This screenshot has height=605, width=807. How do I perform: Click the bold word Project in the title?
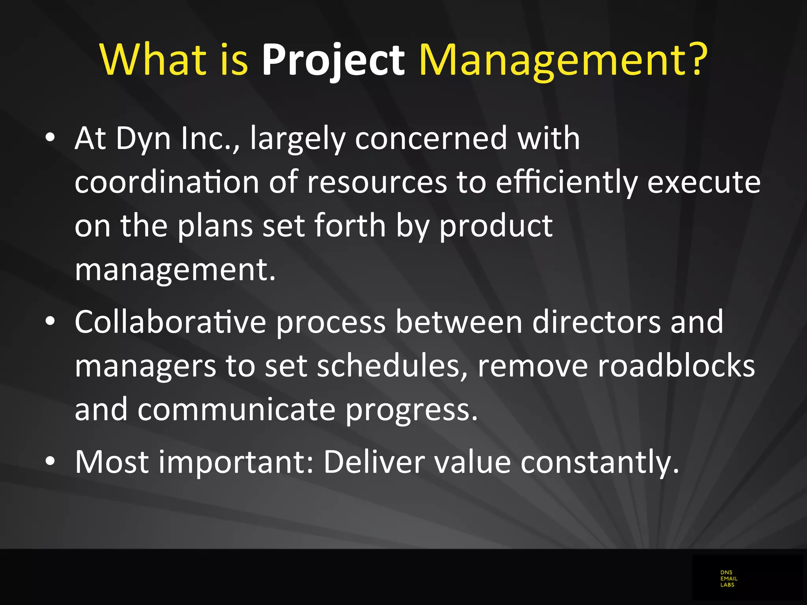point(333,60)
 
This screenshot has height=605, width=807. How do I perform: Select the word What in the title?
point(153,60)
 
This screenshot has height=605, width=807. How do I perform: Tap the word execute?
point(704,182)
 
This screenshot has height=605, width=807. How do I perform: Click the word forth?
point(350,226)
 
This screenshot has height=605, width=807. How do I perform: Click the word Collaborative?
point(170,322)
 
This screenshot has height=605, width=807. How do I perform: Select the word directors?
point(596,322)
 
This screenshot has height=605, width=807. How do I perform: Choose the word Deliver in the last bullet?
point(374,462)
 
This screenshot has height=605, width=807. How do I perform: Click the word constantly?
point(600,462)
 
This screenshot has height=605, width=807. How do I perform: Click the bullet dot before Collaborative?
point(50,321)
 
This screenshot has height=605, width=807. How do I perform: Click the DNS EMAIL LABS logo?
point(729,579)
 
